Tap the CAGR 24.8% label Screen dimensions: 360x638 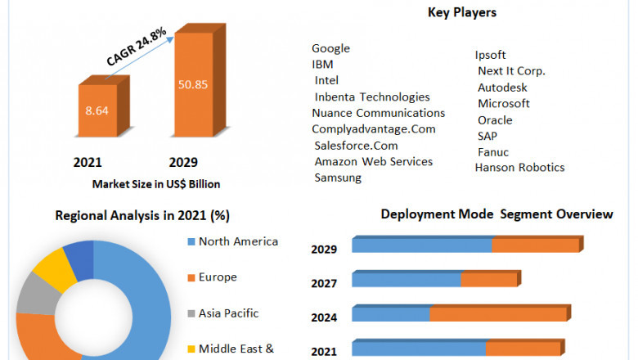[x=137, y=47]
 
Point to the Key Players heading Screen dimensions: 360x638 [x=461, y=12]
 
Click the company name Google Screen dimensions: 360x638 [x=330, y=48]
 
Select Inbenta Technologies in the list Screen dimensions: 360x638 [x=372, y=97]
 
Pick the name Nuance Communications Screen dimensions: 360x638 [x=378, y=113]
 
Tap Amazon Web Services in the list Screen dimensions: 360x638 [x=374, y=161]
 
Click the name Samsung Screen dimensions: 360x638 [x=338, y=178]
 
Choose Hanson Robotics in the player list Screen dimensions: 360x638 [x=519, y=168]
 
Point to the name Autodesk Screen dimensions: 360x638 [x=502, y=88]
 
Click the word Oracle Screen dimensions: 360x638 [x=495, y=120]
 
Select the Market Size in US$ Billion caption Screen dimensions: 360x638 [x=156, y=184]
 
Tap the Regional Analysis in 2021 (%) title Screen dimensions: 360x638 [x=142, y=216]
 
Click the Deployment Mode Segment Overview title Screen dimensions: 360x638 [x=496, y=214]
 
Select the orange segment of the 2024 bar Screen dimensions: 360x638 [x=499, y=314]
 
